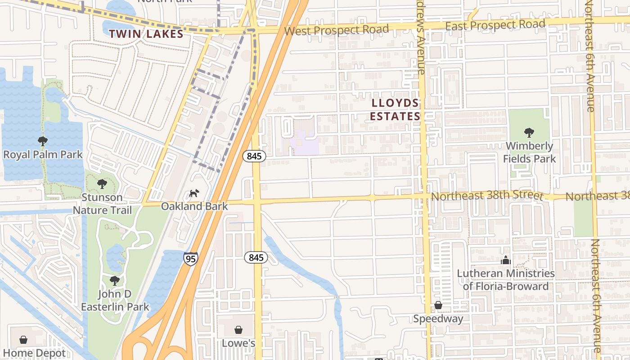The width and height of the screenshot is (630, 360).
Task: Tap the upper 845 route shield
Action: [x=255, y=156]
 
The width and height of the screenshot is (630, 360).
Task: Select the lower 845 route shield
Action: [x=256, y=258]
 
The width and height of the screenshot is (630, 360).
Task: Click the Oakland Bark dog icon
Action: [x=194, y=193]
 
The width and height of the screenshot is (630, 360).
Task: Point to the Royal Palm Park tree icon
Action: [x=43, y=141]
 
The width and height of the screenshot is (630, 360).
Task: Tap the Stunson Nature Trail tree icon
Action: [x=102, y=184]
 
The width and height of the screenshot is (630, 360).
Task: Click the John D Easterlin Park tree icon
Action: [x=115, y=281]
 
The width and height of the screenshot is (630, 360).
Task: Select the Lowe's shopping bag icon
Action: [x=238, y=330]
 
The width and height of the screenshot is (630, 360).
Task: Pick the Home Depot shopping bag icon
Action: [x=23, y=340]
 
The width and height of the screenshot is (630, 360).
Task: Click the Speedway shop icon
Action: [x=438, y=306]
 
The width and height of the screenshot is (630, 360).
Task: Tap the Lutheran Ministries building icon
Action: [x=506, y=260]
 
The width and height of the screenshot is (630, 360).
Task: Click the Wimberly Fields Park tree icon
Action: [x=529, y=132]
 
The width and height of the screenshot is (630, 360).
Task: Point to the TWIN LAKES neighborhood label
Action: [x=146, y=34]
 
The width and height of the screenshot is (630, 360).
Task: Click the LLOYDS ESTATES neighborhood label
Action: [x=395, y=110]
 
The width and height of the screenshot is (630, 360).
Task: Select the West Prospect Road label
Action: [x=337, y=30]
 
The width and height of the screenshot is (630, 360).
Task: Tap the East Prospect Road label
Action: [x=495, y=25]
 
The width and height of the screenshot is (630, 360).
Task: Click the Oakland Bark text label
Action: [x=194, y=207]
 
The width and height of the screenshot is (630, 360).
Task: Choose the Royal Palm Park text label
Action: [x=43, y=155]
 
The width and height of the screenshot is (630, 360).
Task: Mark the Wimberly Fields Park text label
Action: [x=529, y=153]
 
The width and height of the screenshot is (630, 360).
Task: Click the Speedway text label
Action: [x=438, y=319]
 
